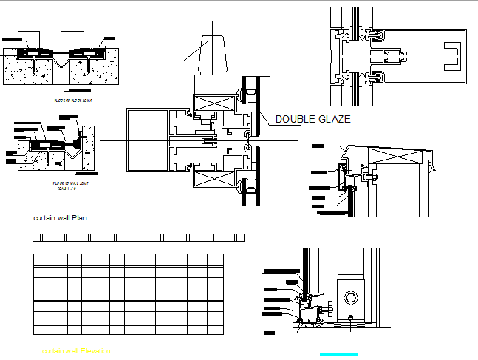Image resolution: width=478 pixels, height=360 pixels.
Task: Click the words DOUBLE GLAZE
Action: (313, 118)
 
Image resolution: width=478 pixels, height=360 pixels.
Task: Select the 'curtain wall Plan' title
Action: (64, 218)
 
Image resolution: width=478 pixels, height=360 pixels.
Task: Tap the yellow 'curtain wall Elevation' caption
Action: (76, 351)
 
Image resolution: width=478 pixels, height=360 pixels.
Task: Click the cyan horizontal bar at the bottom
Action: (338, 354)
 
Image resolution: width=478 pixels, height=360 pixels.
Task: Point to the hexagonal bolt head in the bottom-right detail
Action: (350, 298)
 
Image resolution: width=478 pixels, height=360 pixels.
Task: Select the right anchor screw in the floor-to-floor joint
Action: (89, 66)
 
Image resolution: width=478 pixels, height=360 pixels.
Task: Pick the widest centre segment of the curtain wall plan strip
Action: (139, 237)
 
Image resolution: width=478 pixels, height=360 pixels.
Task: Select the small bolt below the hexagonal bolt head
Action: (350, 319)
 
